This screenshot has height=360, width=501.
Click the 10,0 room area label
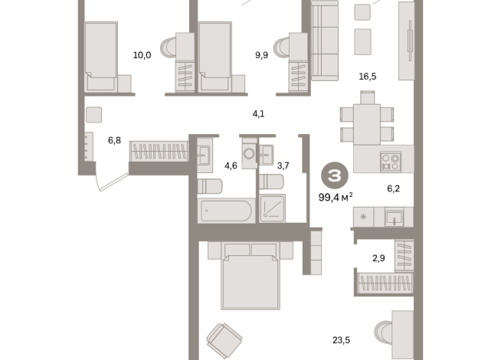142,55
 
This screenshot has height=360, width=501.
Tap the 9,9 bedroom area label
261,55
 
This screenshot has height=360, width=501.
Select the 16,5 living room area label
368,77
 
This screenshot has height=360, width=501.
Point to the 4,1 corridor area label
258,113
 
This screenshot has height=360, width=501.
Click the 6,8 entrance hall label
114,140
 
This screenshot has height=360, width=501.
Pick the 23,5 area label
341,340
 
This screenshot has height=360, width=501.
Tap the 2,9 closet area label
378,258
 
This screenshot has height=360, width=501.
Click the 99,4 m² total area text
336,198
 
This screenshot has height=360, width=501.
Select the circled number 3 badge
335,175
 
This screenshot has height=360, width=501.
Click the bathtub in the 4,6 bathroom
226,211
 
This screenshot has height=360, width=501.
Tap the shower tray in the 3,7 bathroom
272,208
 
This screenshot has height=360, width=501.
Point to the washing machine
249,153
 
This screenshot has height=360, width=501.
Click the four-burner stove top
391,162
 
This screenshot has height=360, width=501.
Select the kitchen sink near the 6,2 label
395,218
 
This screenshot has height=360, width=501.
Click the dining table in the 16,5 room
367,124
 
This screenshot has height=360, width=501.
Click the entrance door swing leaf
114,182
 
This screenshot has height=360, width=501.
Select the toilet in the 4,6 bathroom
210,186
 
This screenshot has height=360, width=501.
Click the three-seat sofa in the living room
325,41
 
